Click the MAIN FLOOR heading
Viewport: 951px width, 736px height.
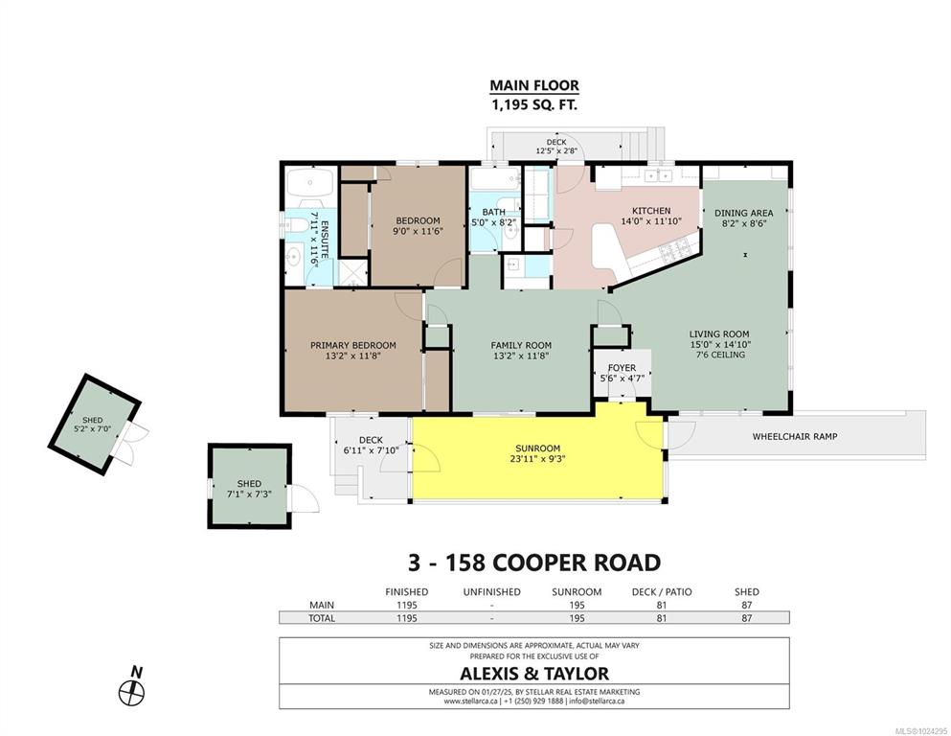[x=534, y=85]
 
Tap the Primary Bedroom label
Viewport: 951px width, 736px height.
[x=353, y=345]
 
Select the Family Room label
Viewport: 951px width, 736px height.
[x=521, y=345]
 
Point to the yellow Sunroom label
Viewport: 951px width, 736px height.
[x=538, y=448]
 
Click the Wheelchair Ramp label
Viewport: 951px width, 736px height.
[x=795, y=436]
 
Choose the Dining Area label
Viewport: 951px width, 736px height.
[x=743, y=213]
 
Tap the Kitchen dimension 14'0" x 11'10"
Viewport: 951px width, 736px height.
[x=651, y=221]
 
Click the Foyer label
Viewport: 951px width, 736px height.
[x=622, y=368]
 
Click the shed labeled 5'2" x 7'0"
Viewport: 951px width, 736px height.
[x=94, y=425]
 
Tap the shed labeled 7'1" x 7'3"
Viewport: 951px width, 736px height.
[x=249, y=486]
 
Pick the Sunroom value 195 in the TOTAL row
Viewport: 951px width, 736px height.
[x=577, y=618]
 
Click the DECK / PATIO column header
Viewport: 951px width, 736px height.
[x=662, y=591]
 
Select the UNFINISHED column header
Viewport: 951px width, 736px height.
[x=492, y=591]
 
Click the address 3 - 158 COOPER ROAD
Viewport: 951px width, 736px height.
[x=534, y=563]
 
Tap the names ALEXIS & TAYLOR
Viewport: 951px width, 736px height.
[x=534, y=674]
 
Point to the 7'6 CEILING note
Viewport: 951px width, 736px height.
[x=720, y=355]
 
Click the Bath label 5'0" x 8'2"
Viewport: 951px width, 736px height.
[x=493, y=218]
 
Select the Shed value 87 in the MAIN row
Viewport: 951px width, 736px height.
[x=747, y=605]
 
